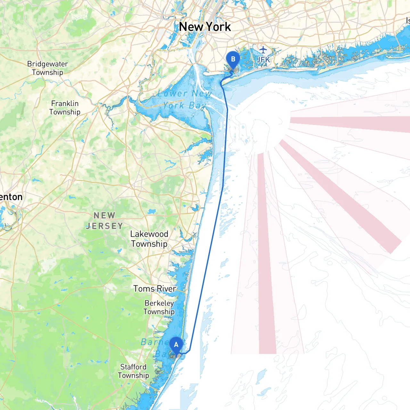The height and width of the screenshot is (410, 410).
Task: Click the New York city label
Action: pos(205,27)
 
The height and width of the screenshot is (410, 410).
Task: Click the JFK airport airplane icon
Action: pos(263,50)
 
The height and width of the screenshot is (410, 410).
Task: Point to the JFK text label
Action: pos(263,60)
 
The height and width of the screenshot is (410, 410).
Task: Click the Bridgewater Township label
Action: pos(47,68)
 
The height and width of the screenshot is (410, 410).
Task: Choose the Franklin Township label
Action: pos(65,108)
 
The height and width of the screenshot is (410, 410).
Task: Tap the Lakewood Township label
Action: pos(149,239)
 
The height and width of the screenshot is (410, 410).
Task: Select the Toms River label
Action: pos(155,289)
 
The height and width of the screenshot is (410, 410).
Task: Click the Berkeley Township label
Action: pos(159,307)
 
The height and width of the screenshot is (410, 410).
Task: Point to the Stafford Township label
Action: pos(133,371)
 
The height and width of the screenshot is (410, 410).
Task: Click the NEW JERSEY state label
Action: pos(104,221)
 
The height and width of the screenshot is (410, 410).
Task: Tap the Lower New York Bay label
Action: pos(184,99)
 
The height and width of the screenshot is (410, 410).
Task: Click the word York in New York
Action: pos(218,27)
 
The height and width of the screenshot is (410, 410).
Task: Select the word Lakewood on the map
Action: pos(149,234)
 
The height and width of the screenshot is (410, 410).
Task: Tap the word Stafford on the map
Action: pos(133,367)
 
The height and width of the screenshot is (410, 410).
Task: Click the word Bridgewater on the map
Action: pos(47,64)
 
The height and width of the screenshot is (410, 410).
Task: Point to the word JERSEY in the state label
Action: pos(104,226)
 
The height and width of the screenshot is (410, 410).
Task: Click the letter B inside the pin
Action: pos(233,59)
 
